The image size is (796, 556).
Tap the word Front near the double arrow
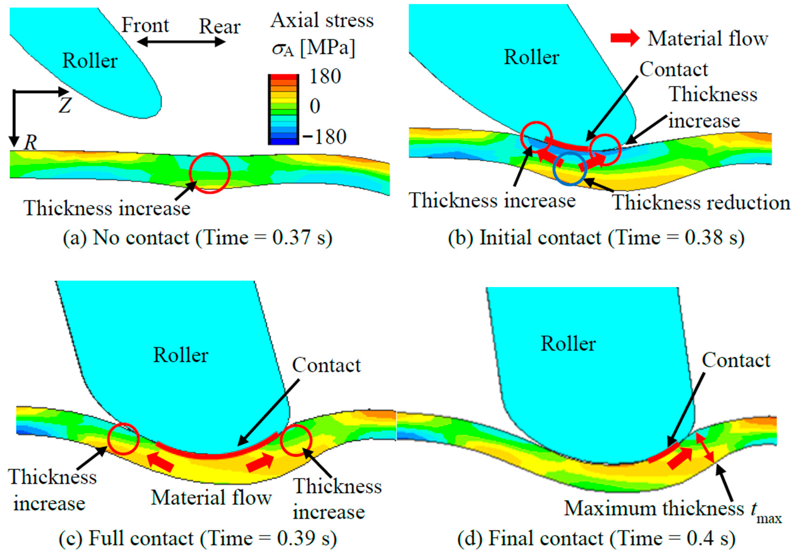[x=145, y=25]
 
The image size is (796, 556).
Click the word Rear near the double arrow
[x=219, y=27]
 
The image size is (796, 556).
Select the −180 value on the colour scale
[x=325, y=137]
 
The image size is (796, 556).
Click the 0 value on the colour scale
[x=315, y=106]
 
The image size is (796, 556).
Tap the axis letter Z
[x=65, y=105]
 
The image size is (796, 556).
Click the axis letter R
[x=30, y=142]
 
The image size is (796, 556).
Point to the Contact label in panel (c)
[x=326, y=365]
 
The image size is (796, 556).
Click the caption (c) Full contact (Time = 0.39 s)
[x=198, y=538]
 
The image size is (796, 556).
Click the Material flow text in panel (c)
[x=211, y=498]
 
